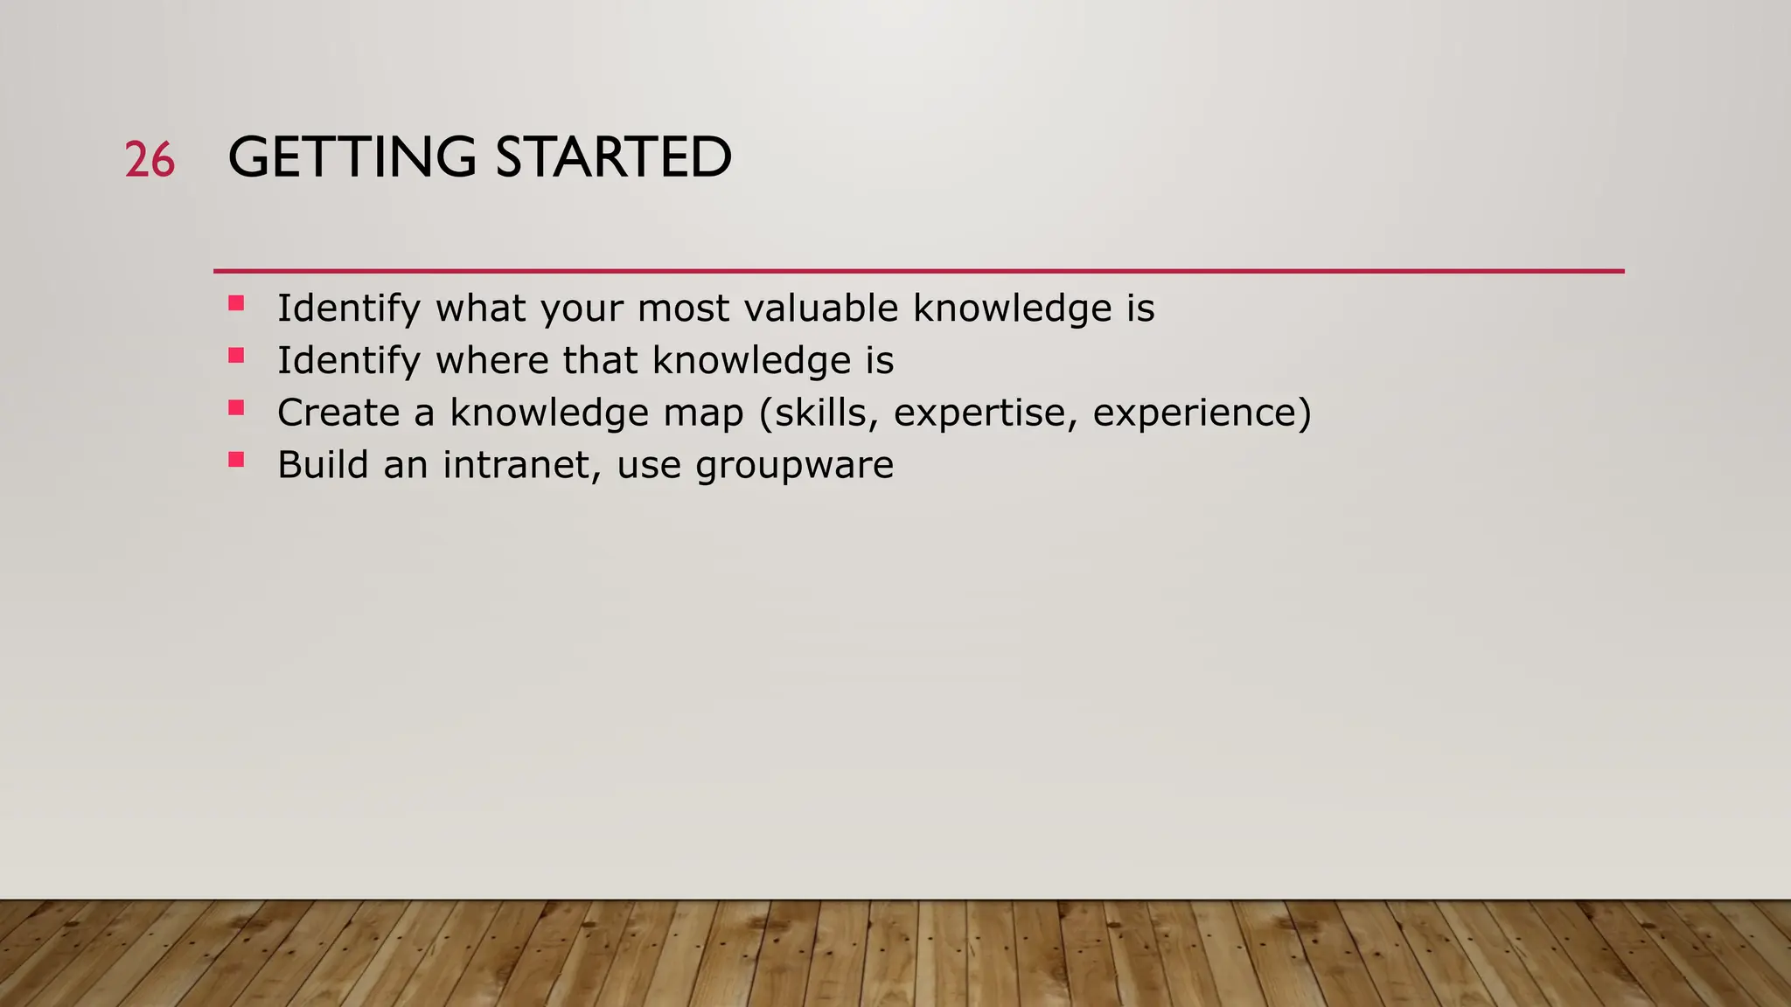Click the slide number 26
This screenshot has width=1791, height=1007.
(x=150, y=160)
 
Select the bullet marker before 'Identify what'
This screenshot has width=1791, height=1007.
(x=236, y=303)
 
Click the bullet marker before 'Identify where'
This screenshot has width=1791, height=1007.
(x=236, y=356)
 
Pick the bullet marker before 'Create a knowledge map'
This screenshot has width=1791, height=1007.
(x=236, y=407)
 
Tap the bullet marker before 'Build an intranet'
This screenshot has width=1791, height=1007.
(x=236, y=459)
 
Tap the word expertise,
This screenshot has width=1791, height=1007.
(x=986, y=413)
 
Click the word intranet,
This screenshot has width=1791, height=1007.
(x=522, y=465)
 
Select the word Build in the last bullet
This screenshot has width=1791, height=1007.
(x=323, y=464)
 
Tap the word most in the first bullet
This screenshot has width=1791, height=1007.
(x=683, y=309)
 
